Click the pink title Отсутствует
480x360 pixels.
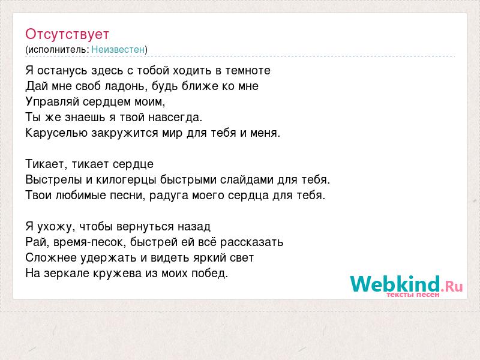point(67,34)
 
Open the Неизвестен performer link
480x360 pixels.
point(118,49)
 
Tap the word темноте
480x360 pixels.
point(248,71)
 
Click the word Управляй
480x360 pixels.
point(52,101)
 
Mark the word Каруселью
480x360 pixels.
point(56,133)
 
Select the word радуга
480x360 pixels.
point(169,196)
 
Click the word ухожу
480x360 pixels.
point(56,227)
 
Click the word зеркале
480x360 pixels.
point(65,274)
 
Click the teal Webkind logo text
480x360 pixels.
point(395,284)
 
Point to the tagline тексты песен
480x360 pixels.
point(413,295)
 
